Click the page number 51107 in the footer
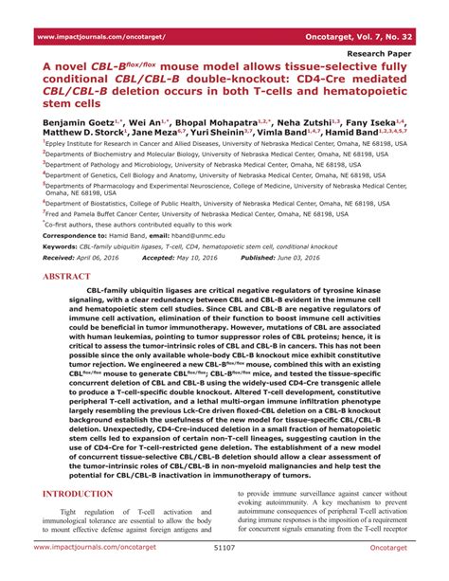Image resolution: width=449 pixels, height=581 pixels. (x=224, y=572)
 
